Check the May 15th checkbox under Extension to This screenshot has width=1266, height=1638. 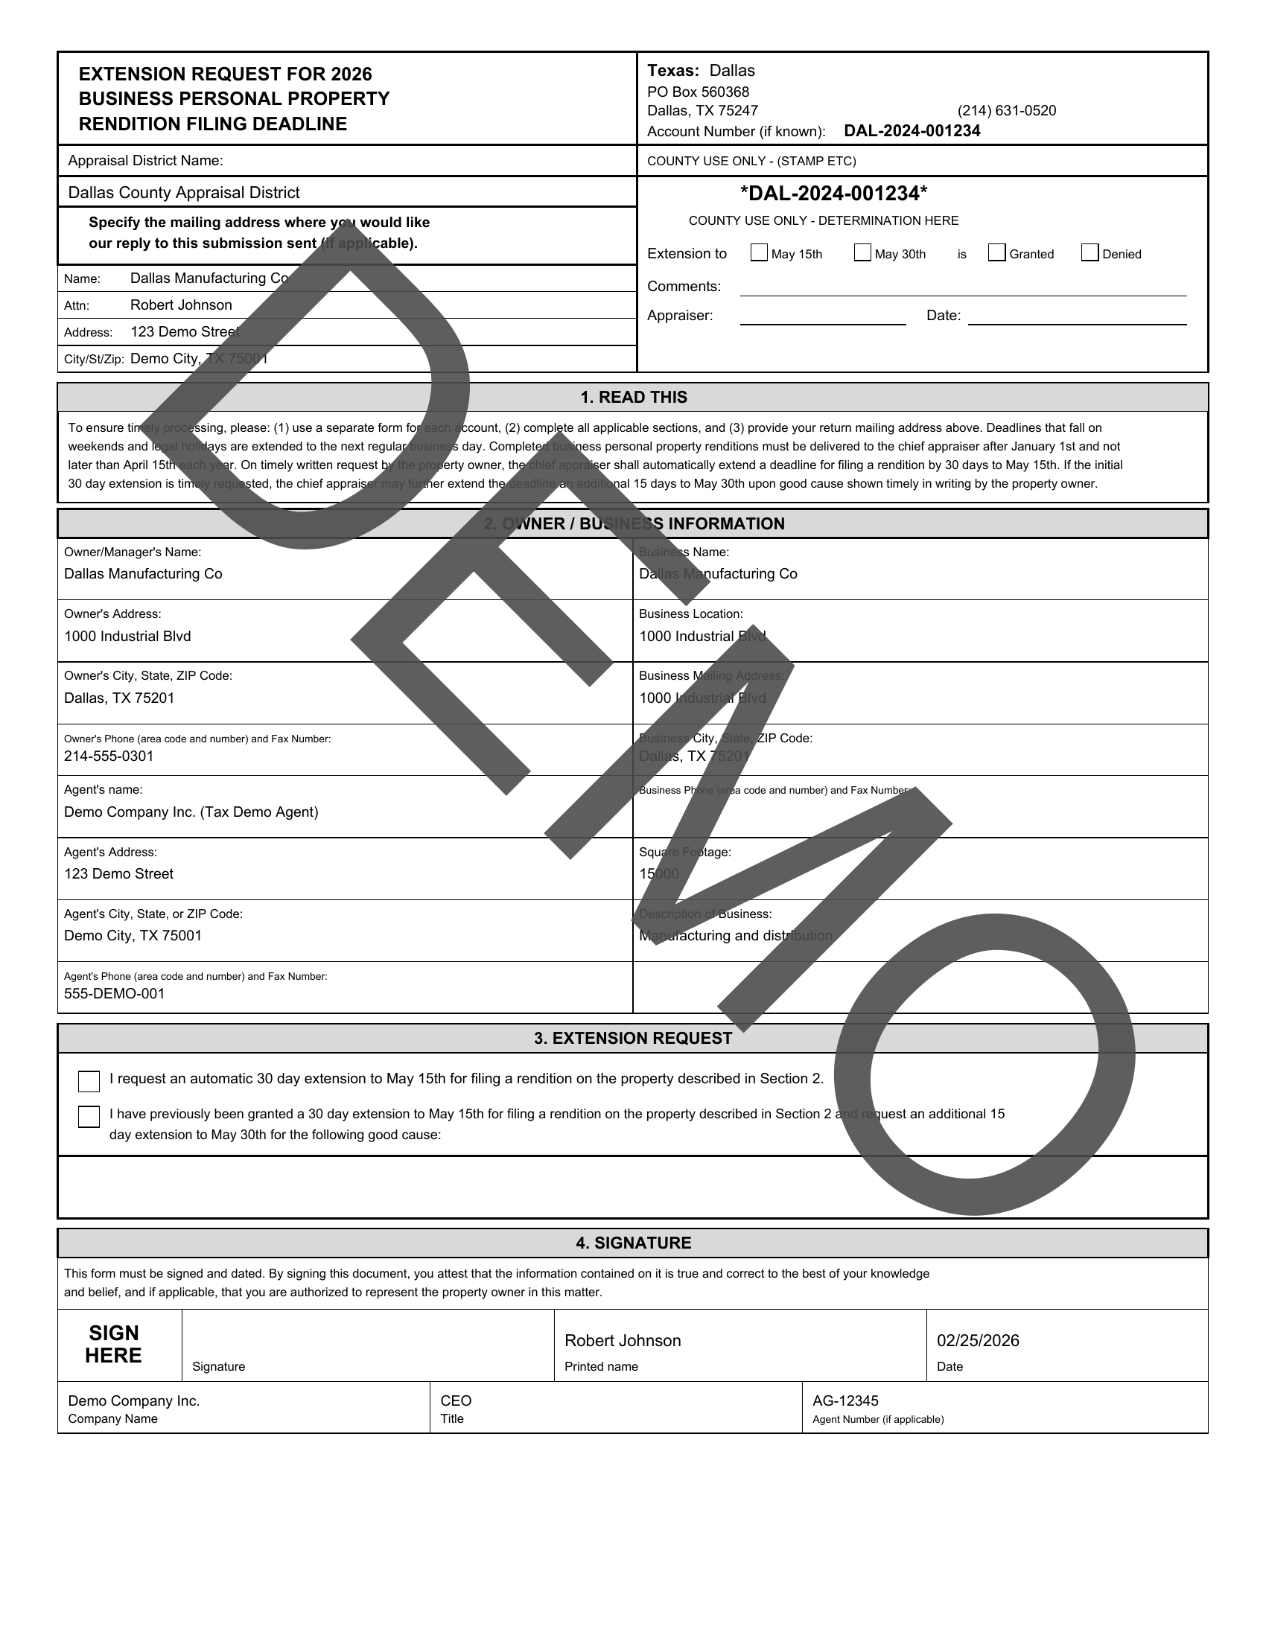click(x=759, y=252)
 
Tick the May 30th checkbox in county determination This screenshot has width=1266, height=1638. click(x=862, y=252)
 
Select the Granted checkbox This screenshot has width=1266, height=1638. click(x=996, y=252)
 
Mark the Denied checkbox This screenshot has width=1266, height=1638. click(x=1090, y=252)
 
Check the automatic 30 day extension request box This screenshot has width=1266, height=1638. click(x=89, y=1082)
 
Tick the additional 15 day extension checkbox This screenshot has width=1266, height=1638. click(x=89, y=1117)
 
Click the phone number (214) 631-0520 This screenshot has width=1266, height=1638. click(x=1007, y=111)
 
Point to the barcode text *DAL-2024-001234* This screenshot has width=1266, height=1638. click(x=833, y=194)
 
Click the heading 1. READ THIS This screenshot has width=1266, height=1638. click(x=633, y=398)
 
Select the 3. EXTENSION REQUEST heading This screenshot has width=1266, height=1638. click(x=633, y=1039)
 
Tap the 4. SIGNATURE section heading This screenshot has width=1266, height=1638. click(x=633, y=1243)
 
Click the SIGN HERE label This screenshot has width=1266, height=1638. click(x=113, y=1345)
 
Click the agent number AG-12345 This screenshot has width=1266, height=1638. click(x=845, y=1401)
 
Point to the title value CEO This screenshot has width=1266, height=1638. click(x=456, y=1401)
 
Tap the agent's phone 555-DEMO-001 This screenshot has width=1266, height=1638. click(x=114, y=994)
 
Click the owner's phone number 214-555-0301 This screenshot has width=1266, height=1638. click(x=109, y=756)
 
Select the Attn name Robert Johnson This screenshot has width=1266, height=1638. click(x=181, y=305)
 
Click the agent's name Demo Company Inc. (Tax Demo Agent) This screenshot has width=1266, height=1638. click(x=191, y=812)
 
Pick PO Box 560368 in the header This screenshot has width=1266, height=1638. click(x=699, y=92)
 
